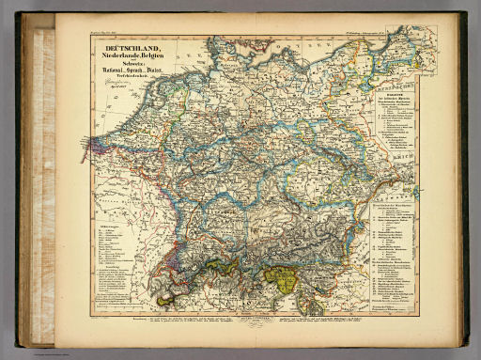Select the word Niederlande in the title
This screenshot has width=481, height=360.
118,55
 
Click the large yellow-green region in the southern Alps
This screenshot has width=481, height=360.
281,276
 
